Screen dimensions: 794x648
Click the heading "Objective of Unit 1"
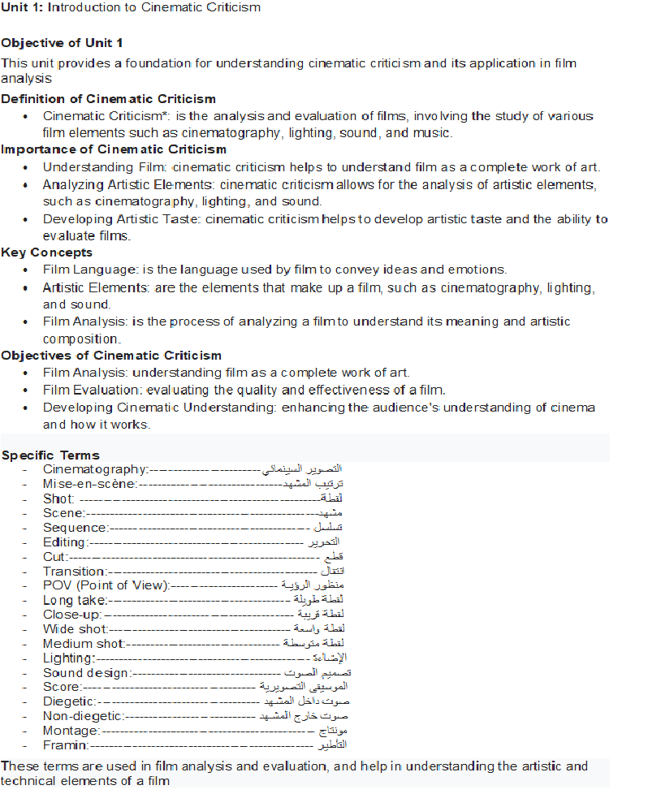tap(63, 42)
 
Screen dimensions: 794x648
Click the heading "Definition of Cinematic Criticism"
tap(109, 99)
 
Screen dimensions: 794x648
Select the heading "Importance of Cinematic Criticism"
tap(114, 149)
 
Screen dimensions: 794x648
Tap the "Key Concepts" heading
tap(47, 252)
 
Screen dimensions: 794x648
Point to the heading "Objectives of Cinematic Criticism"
tap(111, 356)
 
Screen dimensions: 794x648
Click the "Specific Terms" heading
tap(50, 455)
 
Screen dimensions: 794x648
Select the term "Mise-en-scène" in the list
tap(89, 484)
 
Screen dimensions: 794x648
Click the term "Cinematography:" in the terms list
tap(95, 469)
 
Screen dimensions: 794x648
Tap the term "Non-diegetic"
tap(84, 716)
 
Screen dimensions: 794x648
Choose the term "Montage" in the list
tap(71, 731)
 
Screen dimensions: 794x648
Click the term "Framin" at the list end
tap(66, 745)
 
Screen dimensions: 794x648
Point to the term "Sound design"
tap(87, 673)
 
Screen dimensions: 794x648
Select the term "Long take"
tap(76, 600)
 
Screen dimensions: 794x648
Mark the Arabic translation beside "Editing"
tap(324, 542)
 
